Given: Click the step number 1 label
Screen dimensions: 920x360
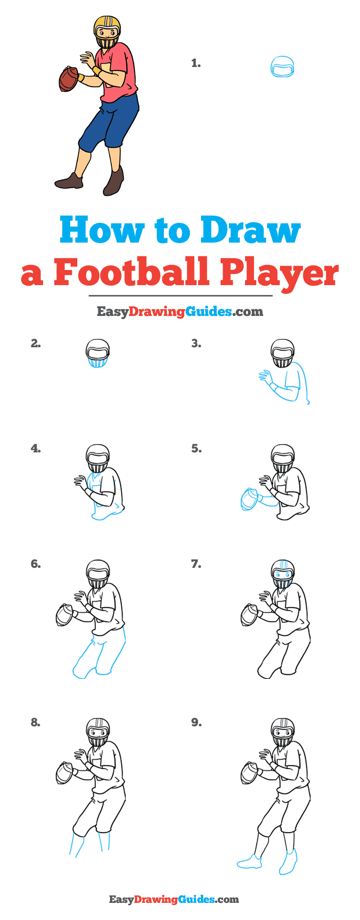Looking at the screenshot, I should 196,63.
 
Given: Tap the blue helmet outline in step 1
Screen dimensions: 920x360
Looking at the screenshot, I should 282,67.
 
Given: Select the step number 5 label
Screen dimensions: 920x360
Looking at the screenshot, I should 196,449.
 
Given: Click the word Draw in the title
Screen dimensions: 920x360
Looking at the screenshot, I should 250,230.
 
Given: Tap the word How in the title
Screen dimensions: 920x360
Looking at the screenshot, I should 102,230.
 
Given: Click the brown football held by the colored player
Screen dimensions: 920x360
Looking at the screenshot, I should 68,79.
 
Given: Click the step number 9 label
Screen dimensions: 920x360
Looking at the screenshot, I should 196,722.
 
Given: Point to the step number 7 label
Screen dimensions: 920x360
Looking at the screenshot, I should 196,564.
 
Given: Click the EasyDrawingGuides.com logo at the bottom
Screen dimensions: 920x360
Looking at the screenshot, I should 174,899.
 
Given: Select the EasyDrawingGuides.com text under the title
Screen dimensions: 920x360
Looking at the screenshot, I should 180,312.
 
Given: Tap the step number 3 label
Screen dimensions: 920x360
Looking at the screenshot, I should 196,344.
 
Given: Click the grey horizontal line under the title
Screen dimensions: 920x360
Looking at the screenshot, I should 180,295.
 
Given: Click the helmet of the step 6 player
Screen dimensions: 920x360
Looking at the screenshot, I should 98,570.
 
